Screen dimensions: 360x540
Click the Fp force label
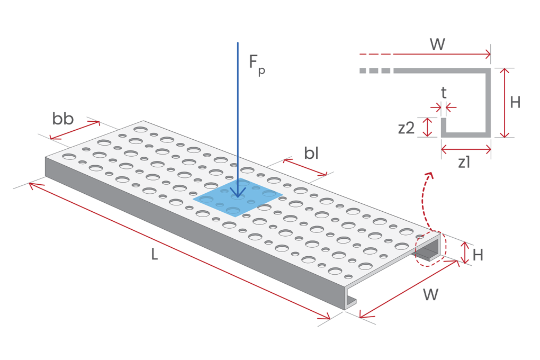click(257, 64)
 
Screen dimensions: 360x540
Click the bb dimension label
click(63, 119)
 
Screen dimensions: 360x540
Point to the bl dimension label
click(311, 154)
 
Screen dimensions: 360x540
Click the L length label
click(154, 255)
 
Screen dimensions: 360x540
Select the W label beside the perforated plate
click(430, 295)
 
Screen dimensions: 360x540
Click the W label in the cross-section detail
click(437, 44)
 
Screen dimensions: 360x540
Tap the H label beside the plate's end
click(478, 255)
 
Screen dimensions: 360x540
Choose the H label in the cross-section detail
click(515, 103)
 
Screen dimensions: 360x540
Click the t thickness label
click(444, 93)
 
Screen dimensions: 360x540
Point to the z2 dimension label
click(406, 128)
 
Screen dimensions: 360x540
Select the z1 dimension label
click(464, 163)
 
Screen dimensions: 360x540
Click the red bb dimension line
click(75, 130)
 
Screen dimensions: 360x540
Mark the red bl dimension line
click(305, 167)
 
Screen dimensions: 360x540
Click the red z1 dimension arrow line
click(466, 150)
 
